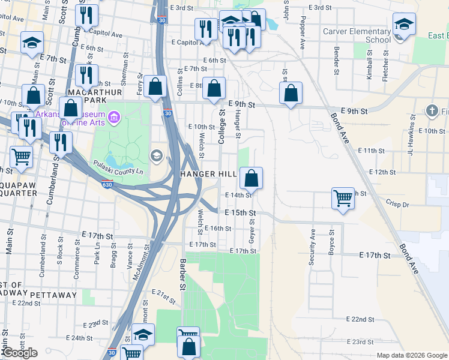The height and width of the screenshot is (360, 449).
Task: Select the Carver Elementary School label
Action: pyautogui.click(x=357, y=35)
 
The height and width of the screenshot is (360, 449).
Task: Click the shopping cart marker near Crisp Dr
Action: pyautogui.click(x=343, y=198)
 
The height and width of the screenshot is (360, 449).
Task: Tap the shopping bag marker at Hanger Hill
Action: pyautogui.click(x=252, y=178)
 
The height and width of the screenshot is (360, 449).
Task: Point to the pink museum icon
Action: pyautogui.click(x=115, y=115)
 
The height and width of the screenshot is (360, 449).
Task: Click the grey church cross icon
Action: pyautogui.click(x=432, y=110)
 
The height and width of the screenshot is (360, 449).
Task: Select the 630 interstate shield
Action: pyautogui.click(x=107, y=184)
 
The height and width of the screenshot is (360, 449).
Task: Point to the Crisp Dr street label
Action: pyautogui.click(x=397, y=205)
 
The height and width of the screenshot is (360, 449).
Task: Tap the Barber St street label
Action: pyautogui.click(x=183, y=274)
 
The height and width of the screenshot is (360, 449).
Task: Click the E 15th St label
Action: pyautogui.click(x=240, y=213)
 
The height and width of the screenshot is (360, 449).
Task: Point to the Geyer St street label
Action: pyautogui.click(x=253, y=232)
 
